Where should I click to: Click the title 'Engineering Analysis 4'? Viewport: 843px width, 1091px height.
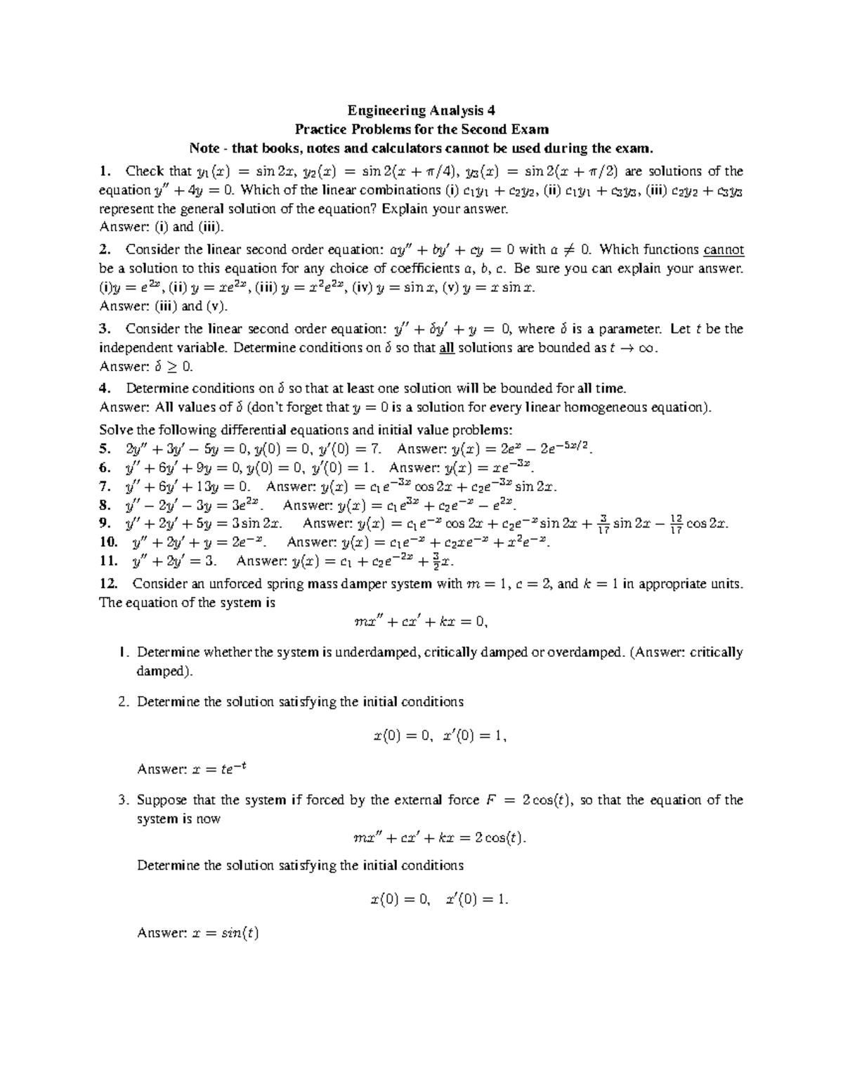coord(421,110)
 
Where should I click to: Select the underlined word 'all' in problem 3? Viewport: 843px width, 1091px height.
coord(447,348)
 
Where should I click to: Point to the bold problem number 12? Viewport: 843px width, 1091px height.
coord(111,584)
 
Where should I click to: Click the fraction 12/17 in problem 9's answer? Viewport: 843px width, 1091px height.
coord(676,523)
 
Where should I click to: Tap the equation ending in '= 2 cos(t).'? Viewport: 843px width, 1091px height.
coord(439,837)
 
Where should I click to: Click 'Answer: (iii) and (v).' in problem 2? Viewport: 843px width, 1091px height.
coord(164,306)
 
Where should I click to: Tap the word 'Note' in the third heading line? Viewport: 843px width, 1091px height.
coord(204,148)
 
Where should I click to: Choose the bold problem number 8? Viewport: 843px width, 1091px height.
coord(105,505)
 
